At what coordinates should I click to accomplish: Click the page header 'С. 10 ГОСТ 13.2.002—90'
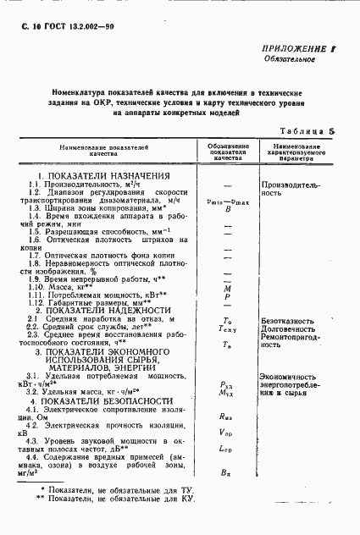click(x=67, y=30)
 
